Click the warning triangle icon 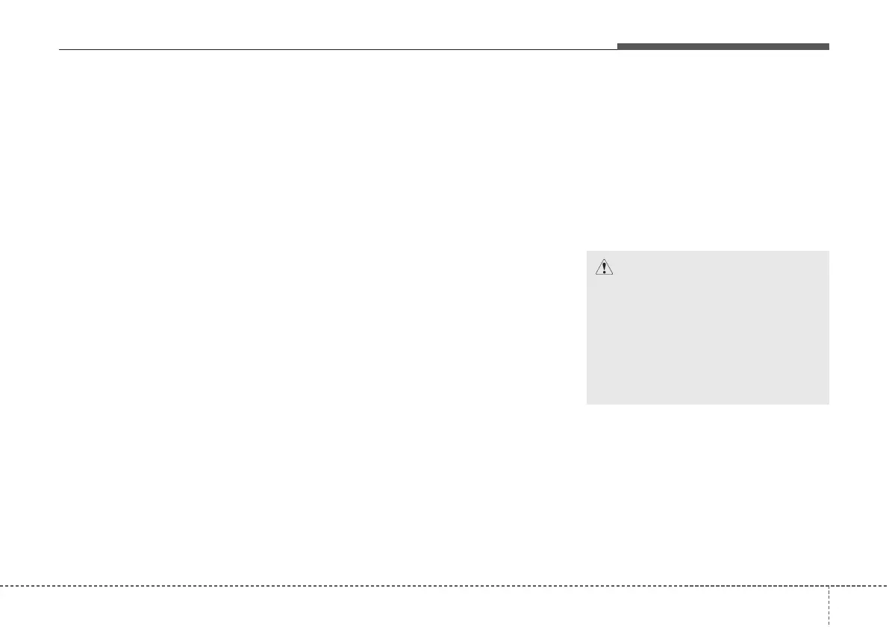(x=603, y=267)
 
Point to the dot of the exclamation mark (x=603, y=272)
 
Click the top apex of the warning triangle (x=603, y=259)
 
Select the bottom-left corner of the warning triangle (x=594, y=275)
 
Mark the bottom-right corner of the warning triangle (x=612, y=275)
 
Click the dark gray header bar (x=723, y=47)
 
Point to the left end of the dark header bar (x=618, y=47)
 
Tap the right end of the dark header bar (x=829, y=47)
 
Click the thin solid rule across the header (x=336, y=50)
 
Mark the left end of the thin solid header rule (x=59, y=50)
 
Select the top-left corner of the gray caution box (x=587, y=251)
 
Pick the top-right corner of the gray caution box (x=829, y=251)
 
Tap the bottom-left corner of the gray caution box (x=587, y=404)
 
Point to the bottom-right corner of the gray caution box (x=829, y=404)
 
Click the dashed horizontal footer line (x=411, y=585)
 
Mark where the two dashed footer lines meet (x=829, y=585)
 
